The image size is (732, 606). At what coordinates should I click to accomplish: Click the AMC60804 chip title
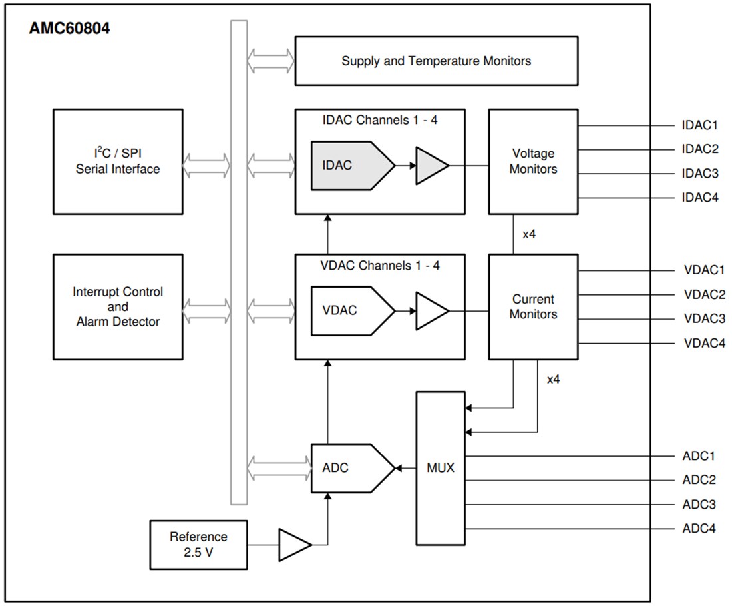[69, 29]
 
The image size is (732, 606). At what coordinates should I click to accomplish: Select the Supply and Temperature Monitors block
[436, 61]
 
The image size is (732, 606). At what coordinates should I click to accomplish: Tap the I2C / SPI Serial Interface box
[118, 162]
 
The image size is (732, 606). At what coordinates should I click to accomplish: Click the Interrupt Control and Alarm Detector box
[118, 307]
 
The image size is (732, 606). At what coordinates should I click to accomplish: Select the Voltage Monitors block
[533, 162]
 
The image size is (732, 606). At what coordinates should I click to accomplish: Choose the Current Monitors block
[533, 307]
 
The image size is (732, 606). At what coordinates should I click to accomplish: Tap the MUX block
[441, 468]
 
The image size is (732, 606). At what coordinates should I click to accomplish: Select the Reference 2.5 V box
[198, 545]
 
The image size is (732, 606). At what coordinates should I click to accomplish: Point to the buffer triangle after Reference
[293, 545]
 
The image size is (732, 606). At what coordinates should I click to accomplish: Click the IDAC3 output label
[700, 174]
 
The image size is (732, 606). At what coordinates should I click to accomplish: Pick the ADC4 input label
[699, 529]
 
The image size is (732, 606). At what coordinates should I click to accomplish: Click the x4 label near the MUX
[553, 380]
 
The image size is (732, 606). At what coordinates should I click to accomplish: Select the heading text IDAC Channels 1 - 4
[380, 121]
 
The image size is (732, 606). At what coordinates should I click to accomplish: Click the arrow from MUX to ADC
[405, 468]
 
